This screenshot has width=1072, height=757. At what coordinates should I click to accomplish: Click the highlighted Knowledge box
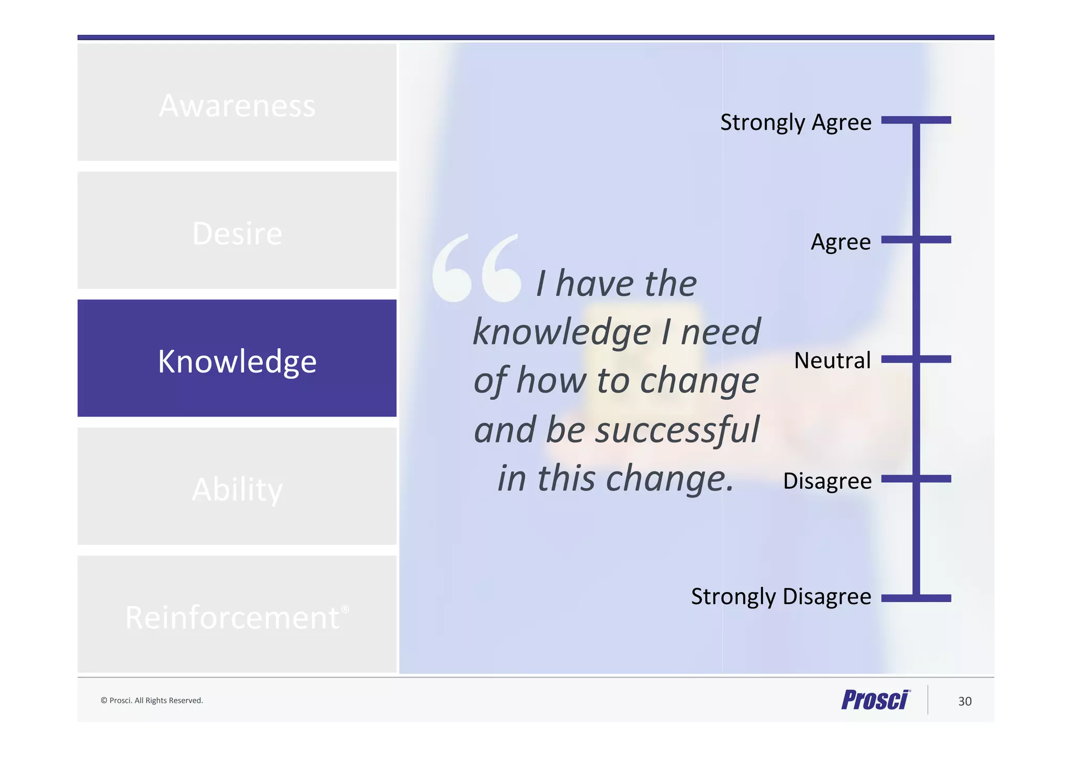pyautogui.click(x=237, y=358)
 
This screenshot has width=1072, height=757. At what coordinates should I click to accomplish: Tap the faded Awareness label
pyautogui.click(x=237, y=106)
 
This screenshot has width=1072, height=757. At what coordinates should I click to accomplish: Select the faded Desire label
pyautogui.click(x=237, y=233)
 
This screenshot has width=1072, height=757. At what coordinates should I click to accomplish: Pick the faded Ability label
pyautogui.click(x=237, y=489)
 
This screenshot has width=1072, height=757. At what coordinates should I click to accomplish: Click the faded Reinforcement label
pyautogui.click(x=232, y=617)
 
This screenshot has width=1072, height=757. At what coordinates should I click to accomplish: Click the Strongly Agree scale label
pyautogui.click(x=796, y=122)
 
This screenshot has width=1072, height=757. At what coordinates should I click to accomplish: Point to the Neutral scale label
pyautogui.click(x=832, y=360)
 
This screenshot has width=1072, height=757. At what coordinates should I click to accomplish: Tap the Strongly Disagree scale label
pyautogui.click(x=781, y=596)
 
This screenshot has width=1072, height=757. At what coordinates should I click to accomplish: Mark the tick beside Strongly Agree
pyautogui.click(x=916, y=120)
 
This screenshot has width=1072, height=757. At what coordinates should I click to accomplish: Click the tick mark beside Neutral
pyautogui.click(x=916, y=359)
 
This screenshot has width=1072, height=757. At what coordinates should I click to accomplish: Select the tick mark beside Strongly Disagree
pyautogui.click(x=916, y=598)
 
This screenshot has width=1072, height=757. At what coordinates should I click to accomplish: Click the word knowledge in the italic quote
pyautogui.click(x=562, y=333)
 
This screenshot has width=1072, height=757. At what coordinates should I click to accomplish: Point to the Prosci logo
pyautogui.click(x=876, y=700)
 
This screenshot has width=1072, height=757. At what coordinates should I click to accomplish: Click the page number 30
pyautogui.click(x=965, y=702)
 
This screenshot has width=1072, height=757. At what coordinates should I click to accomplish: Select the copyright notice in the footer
pyautogui.click(x=152, y=700)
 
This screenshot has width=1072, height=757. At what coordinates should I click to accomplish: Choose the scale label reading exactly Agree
pyautogui.click(x=841, y=242)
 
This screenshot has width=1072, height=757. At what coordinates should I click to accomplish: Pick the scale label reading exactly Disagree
pyautogui.click(x=827, y=481)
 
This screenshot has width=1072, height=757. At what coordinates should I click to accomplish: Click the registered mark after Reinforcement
pyautogui.click(x=345, y=609)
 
